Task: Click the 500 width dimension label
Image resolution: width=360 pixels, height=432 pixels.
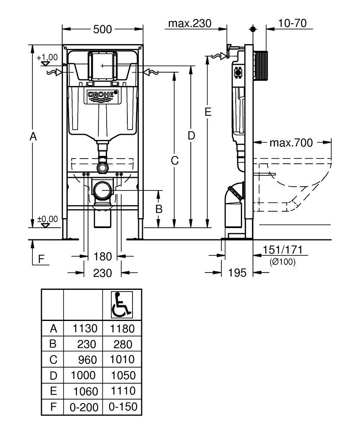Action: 103,29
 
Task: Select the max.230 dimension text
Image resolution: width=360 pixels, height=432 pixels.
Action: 189,23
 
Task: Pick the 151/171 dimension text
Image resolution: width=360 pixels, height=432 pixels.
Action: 283,251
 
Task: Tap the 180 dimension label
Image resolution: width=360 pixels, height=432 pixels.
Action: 103,257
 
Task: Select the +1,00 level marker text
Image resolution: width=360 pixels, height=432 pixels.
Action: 47,57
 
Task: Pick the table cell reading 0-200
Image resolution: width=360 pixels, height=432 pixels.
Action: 83,407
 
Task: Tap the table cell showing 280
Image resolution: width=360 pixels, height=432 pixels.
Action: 122,344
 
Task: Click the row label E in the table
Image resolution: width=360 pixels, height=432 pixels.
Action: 53,391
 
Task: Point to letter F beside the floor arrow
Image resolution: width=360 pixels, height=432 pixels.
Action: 41,259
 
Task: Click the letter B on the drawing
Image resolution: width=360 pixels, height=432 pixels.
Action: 159,209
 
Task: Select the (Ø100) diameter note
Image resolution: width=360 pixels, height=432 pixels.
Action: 283,261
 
